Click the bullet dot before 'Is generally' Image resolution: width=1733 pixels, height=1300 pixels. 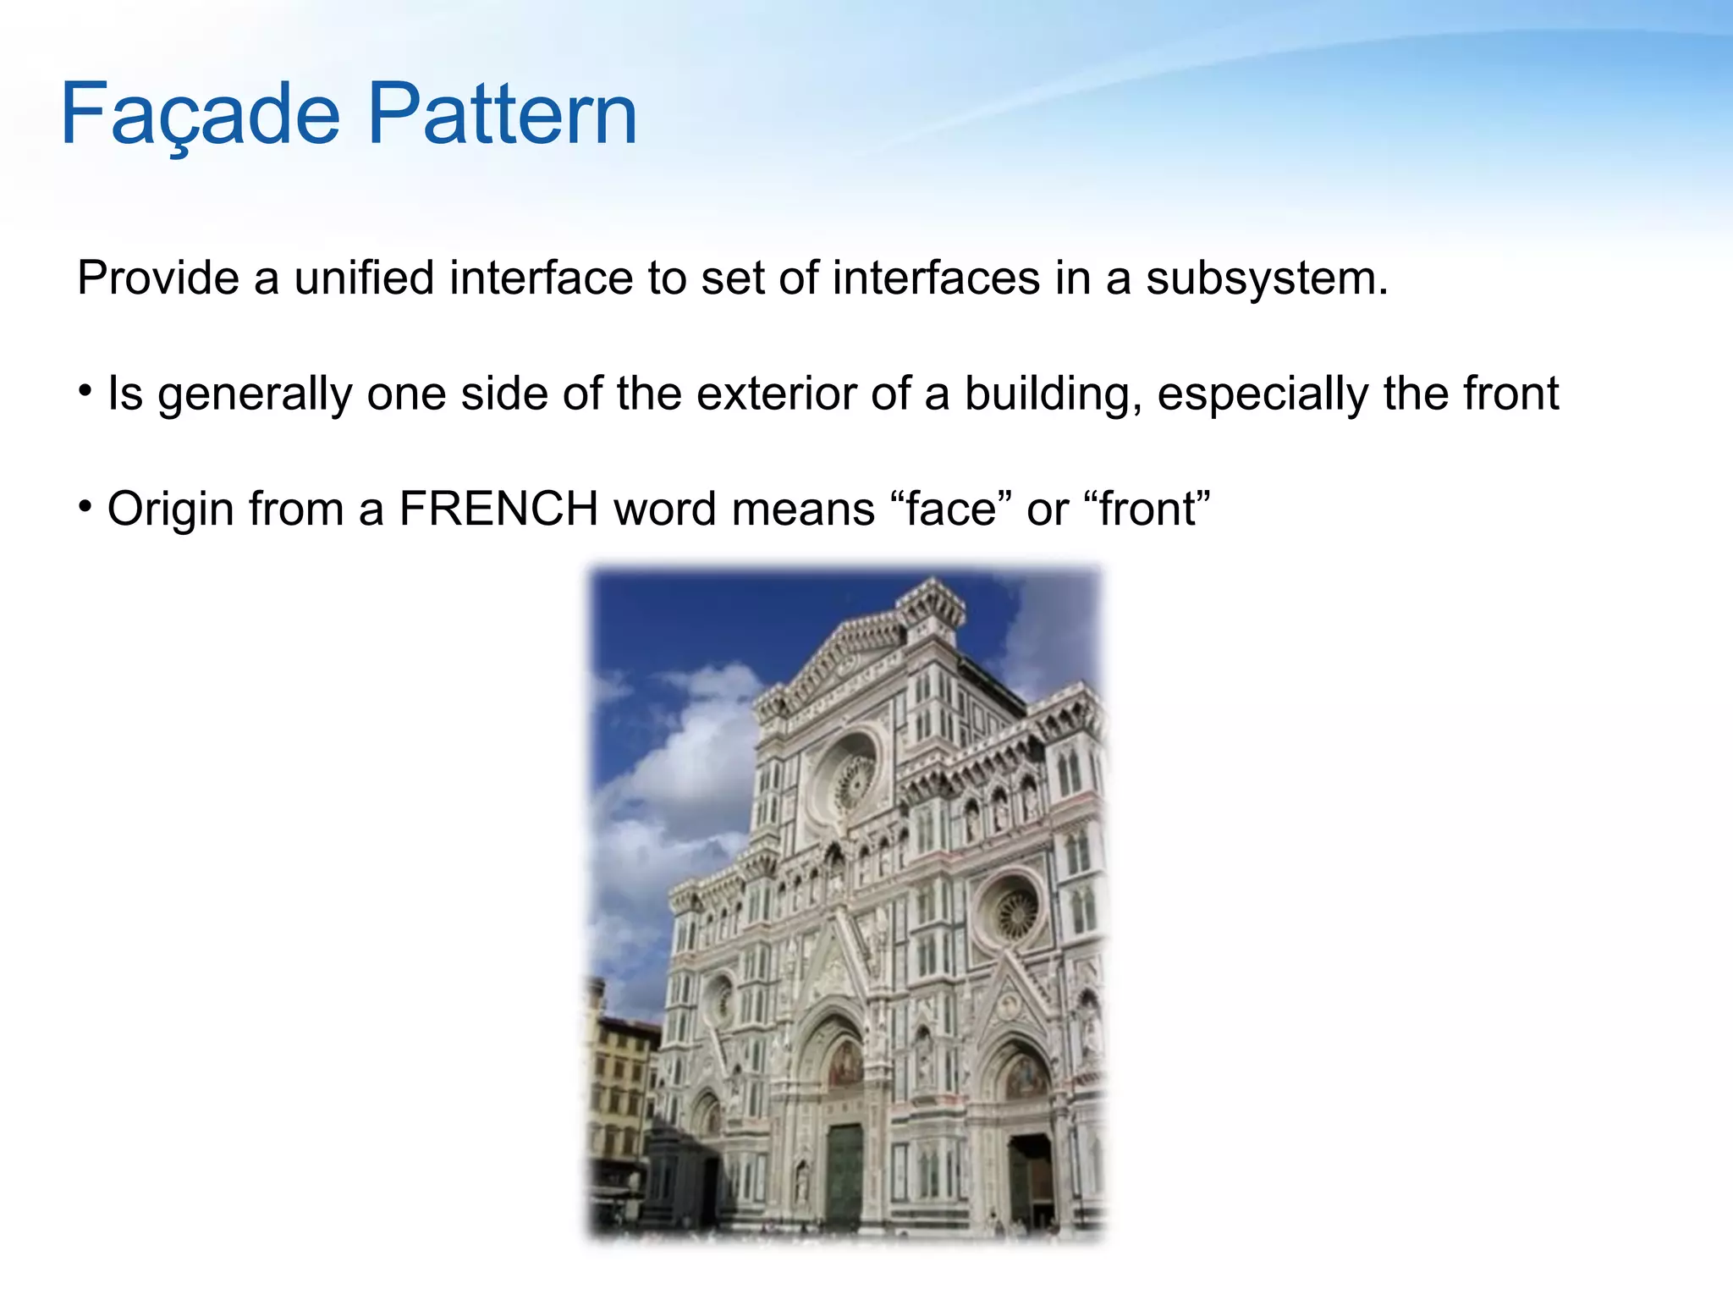85,391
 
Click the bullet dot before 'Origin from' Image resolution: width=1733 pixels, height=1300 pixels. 85,506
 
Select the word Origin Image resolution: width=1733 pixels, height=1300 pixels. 169,510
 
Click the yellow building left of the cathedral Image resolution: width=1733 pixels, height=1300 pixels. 622,1092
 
